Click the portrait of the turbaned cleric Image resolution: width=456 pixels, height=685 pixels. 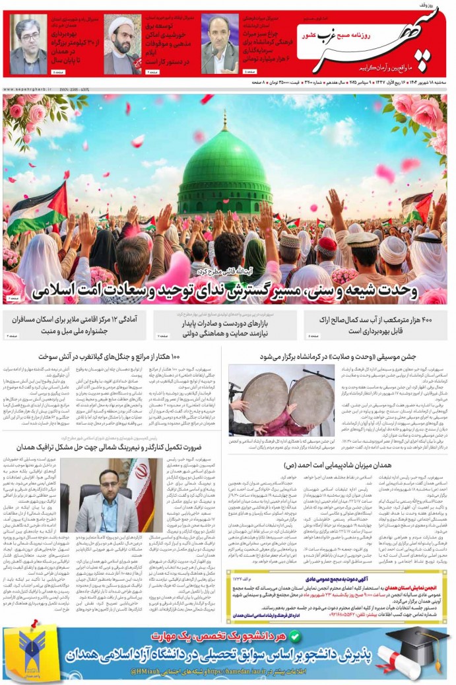click(121, 44)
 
